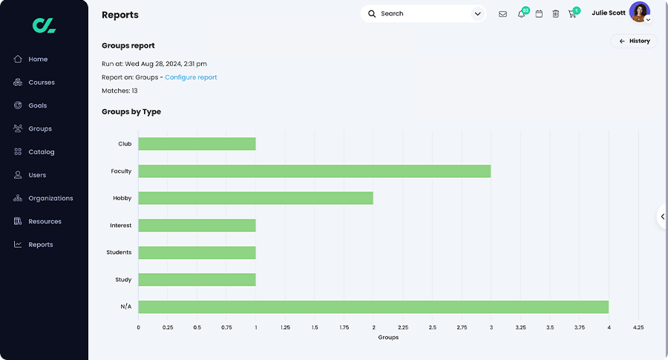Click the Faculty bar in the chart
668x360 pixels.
pos(314,171)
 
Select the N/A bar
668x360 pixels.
pos(373,307)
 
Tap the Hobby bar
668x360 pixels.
pos(255,198)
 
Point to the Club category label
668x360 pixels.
pos(125,144)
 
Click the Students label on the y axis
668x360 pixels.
pos(119,252)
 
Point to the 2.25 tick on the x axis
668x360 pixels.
pos(403,327)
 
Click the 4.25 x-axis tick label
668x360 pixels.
pos(638,327)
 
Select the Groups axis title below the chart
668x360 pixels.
pos(388,337)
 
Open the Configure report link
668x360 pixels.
pos(191,77)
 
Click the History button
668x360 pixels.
pos(634,42)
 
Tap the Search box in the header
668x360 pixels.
pos(423,14)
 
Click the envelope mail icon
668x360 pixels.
pos(502,14)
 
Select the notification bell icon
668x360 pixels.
pos(521,14)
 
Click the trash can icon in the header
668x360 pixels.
pos(555,14)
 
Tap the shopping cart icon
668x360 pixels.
pos(572,14)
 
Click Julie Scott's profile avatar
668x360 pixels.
pos(639,13)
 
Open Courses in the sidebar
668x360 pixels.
pos(41,82)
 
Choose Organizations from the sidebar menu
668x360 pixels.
pos(50,198)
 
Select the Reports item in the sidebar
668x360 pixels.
pos(40,244)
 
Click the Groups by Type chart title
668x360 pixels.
pos(131,112)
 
